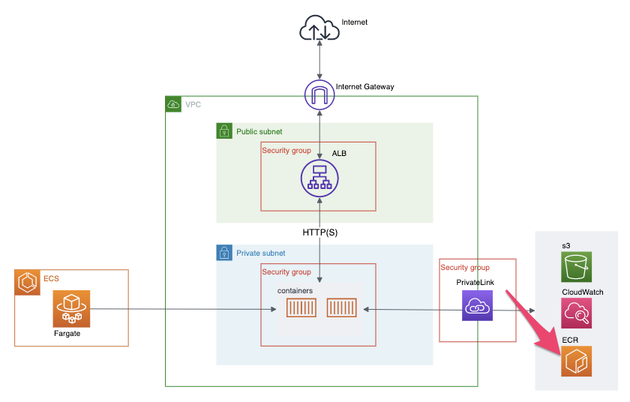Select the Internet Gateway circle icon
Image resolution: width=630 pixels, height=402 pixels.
(320, 95)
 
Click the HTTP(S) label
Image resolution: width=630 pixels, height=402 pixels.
(320, 232)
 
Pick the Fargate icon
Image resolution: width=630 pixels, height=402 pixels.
(71, 309)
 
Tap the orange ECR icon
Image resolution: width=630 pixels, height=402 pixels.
(577, 361)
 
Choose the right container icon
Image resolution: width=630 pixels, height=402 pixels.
(341, 309)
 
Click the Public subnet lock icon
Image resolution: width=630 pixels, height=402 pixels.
(223, 131)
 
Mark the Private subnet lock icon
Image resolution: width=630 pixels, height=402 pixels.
(223, 253)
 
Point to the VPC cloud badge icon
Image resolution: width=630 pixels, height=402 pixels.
(173, 104)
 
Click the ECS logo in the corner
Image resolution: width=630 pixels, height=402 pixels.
(28, 282)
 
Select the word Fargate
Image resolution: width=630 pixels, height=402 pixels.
(67, 334)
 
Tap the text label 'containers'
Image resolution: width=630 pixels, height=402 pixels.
(295, 289)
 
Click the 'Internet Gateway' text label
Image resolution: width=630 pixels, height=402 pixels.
(364, 87)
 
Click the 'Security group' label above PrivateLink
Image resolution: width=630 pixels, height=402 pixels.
(464, 268)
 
